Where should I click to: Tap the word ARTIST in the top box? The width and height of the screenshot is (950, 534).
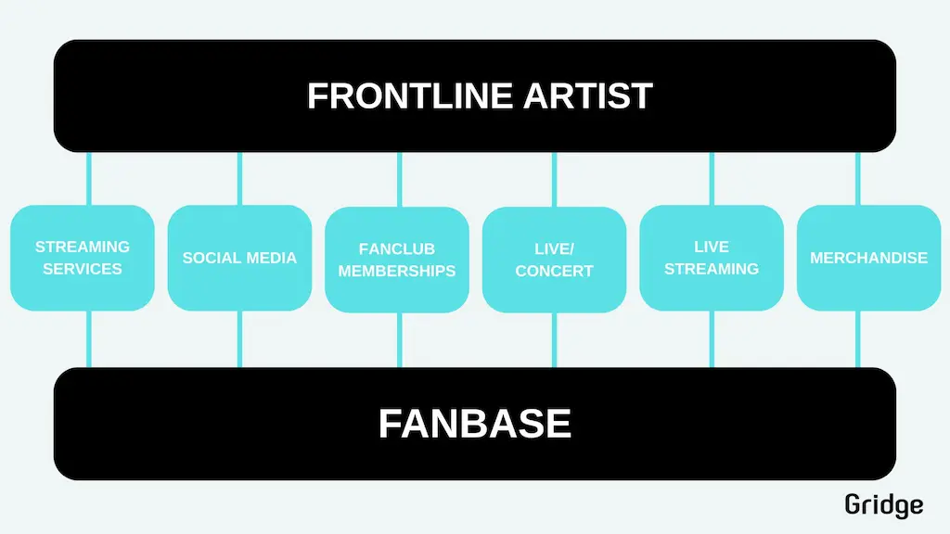[x=587, y=95]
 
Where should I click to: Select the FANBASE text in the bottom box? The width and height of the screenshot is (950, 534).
[x=474, y=423]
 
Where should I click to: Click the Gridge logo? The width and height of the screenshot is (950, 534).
[x=884, y=505]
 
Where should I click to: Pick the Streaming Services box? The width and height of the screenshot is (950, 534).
[x=83, y=258]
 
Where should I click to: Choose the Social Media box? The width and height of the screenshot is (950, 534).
[x=240, y=258]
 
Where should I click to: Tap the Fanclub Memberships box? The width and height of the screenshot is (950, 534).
[x=397, y=260]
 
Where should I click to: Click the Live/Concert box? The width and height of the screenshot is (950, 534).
[x=555, y=260]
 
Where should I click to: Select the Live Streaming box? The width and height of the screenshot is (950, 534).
[x=712, y=258]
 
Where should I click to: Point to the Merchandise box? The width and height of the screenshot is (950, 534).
[x=868, y=258]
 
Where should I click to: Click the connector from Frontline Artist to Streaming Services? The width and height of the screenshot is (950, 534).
[x=89, y=179]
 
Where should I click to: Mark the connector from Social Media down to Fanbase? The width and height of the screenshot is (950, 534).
[x=240, y=339]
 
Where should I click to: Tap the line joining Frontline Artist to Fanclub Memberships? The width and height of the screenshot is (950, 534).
[x=399, y=179]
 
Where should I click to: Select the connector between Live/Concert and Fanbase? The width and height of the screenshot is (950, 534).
[x=555, y=340]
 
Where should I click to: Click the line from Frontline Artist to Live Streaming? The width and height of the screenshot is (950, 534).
[x=712, y=179]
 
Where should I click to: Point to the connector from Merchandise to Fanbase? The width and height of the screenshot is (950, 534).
[x=858, y=339]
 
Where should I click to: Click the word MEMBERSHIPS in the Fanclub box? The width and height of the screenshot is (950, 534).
[x=397, y=271]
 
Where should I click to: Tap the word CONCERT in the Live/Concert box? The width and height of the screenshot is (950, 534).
[x=555, y=271]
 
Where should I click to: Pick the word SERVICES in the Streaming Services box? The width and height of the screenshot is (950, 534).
[x=83, y=269]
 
